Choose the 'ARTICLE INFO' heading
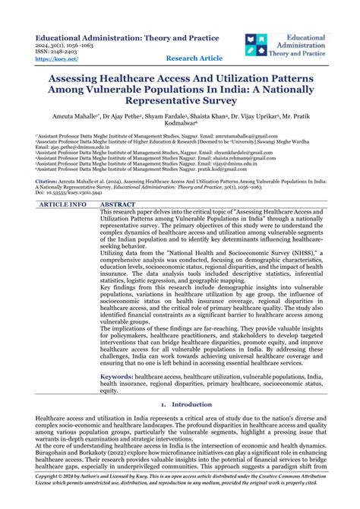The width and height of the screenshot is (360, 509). (62, 205)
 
